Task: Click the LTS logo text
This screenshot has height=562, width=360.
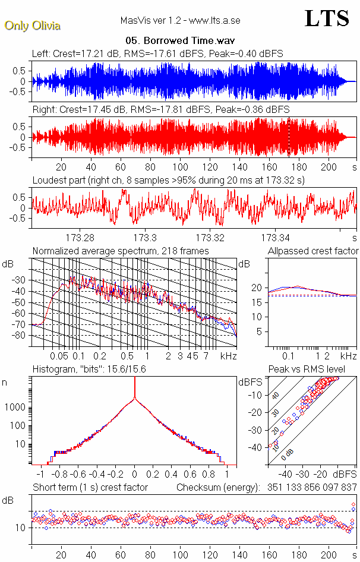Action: (327, 19)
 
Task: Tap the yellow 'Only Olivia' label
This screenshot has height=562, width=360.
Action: (32, 26)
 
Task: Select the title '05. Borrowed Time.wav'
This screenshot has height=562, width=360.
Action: (180, 42)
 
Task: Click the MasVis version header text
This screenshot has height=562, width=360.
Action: (180, 21)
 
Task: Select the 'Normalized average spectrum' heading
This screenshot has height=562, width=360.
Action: (121, 251)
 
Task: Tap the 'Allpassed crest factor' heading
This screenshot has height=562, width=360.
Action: (313, 251)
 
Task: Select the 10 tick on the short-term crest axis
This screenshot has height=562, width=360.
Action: (20, 528)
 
